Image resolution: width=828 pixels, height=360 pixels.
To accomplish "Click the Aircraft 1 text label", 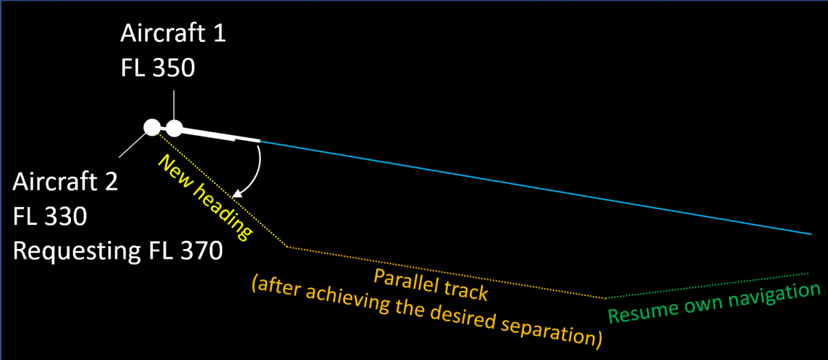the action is click(x=173, y=33).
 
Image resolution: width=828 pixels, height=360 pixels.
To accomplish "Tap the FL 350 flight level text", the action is click(x=158, y=68).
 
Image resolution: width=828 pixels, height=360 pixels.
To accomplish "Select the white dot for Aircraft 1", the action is click(x=174, y=128).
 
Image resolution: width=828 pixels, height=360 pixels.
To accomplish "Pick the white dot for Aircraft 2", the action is click(x=152, y=128).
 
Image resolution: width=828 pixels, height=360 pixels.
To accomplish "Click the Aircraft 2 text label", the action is click(x=65, y=181).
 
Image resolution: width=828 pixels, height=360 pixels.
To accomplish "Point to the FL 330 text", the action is click(x=50, y=217).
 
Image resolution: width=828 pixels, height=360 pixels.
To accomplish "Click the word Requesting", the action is click(x=77, y=251).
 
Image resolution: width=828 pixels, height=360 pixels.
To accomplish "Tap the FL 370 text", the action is click(x=186, y=250).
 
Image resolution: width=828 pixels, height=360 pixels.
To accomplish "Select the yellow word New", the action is click(x=175, y=171).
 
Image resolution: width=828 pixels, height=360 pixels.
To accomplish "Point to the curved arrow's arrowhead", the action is click(x=237, y=194).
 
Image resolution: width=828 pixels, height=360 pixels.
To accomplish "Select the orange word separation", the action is click(x=551, y=329).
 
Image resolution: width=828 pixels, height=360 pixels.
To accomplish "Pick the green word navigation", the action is click(x=774, y=297).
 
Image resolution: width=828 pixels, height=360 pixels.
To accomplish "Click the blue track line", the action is click(x=536, y=188).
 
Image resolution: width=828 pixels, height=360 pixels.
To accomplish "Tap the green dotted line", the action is click(x=707, y=286).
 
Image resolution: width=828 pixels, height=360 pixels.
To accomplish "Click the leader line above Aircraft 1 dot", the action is click(x=174, y=105).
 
